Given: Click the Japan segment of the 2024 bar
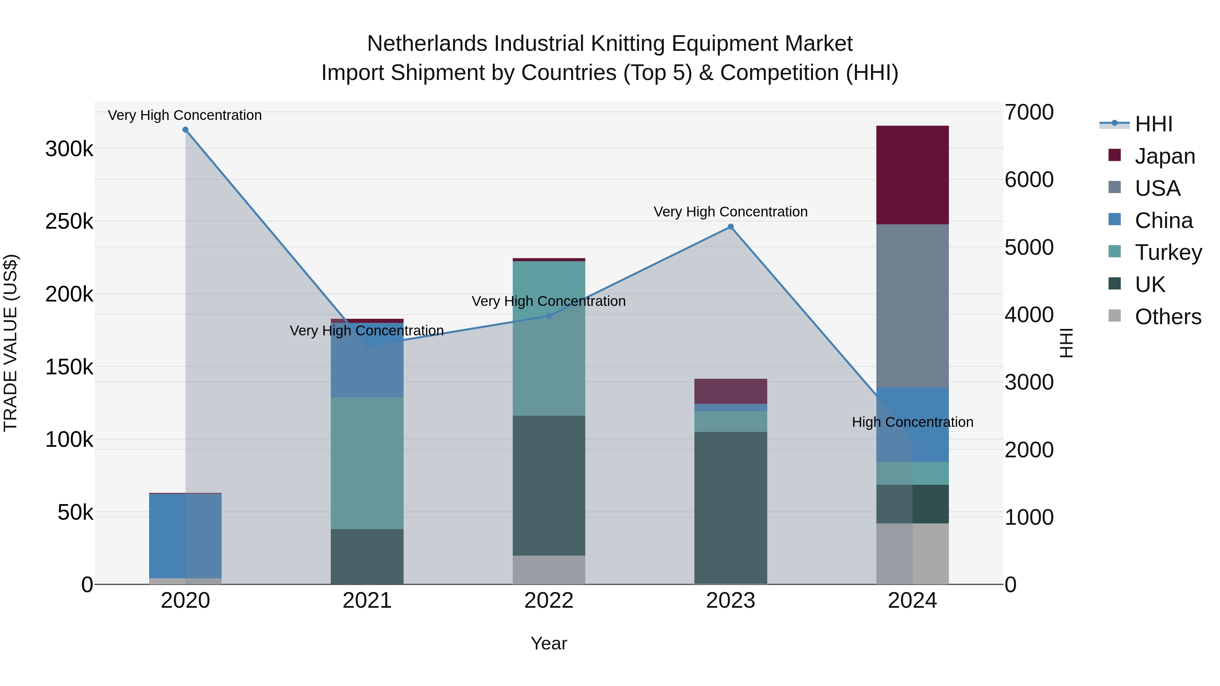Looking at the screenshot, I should pyautogui.click(x=912, y=175).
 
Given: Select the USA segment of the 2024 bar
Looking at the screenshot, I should pyautogui.click(x=912, y=306).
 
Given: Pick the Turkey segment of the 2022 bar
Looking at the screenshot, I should pyautogui.click(x=549, y=338).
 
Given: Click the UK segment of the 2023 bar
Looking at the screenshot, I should pyautogui.click(x=730, y=507).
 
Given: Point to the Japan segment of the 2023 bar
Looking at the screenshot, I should pyautogui.click(x=730, y=391).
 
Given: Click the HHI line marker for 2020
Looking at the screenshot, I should pyautogui.click(x=186, y=130).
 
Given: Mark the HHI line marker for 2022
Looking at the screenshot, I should pyautogui.click(x=549, y=316).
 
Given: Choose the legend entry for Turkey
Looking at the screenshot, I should pyautogui.click(x=1168, y=252).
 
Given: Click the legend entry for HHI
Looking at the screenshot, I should pyautogui.click(x=1153, y=124).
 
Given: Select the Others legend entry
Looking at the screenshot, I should pyautogui.click(x=1168, y=317).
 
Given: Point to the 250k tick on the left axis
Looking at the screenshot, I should pyautogui.click(x=69, y=222).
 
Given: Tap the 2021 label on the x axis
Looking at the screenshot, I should pyautogui.click(x=367, y=601).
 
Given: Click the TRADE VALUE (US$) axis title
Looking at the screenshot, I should pyautogui.click(x=11, y=343).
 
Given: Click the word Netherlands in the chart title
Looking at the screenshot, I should pyautogui.click(x=427, y=44).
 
